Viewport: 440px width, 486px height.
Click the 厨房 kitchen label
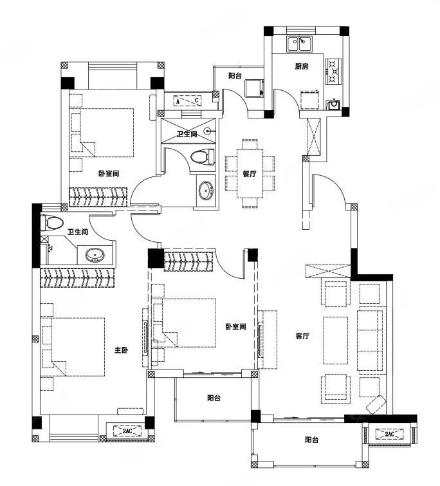point(302,66)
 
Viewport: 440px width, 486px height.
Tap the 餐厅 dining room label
point(250,174)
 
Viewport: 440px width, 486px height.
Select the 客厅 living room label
point(302,335)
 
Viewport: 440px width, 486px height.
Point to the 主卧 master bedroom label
point(122,350)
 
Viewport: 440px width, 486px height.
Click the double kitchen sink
point(299,44)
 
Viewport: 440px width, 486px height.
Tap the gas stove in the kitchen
point(333,71)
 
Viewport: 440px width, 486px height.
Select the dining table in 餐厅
point(250,174)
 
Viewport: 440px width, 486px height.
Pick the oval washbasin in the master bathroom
point(95,255)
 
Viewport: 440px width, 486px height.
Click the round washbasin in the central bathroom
point(206,191)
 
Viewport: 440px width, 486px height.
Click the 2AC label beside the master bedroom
point(127,431)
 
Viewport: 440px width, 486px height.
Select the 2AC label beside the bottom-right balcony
point(389,434)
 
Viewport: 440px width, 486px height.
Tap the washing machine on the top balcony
point(254,88)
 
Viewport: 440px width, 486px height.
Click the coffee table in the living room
point(335,340)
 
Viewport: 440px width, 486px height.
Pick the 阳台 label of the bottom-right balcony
point(311,440)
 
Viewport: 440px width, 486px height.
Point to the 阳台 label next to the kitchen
point(235,75)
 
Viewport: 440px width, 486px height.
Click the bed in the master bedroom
point(73,347)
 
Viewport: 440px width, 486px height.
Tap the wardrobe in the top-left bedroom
point(98,197)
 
